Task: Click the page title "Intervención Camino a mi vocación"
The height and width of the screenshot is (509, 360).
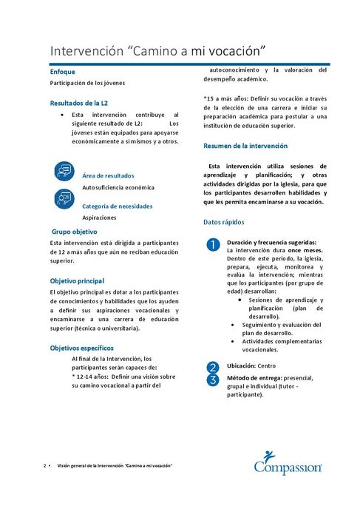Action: point(158,51)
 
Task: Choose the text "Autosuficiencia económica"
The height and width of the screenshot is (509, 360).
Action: point(118,187)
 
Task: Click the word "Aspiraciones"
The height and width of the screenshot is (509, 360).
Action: point(99,219)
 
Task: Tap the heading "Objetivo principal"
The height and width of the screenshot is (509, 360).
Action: point(77,281)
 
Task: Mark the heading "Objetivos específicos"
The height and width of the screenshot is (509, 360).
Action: point(81,347)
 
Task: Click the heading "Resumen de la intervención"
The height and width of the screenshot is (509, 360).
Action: point(245,146)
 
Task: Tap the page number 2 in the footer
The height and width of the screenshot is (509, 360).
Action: point(45,466)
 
